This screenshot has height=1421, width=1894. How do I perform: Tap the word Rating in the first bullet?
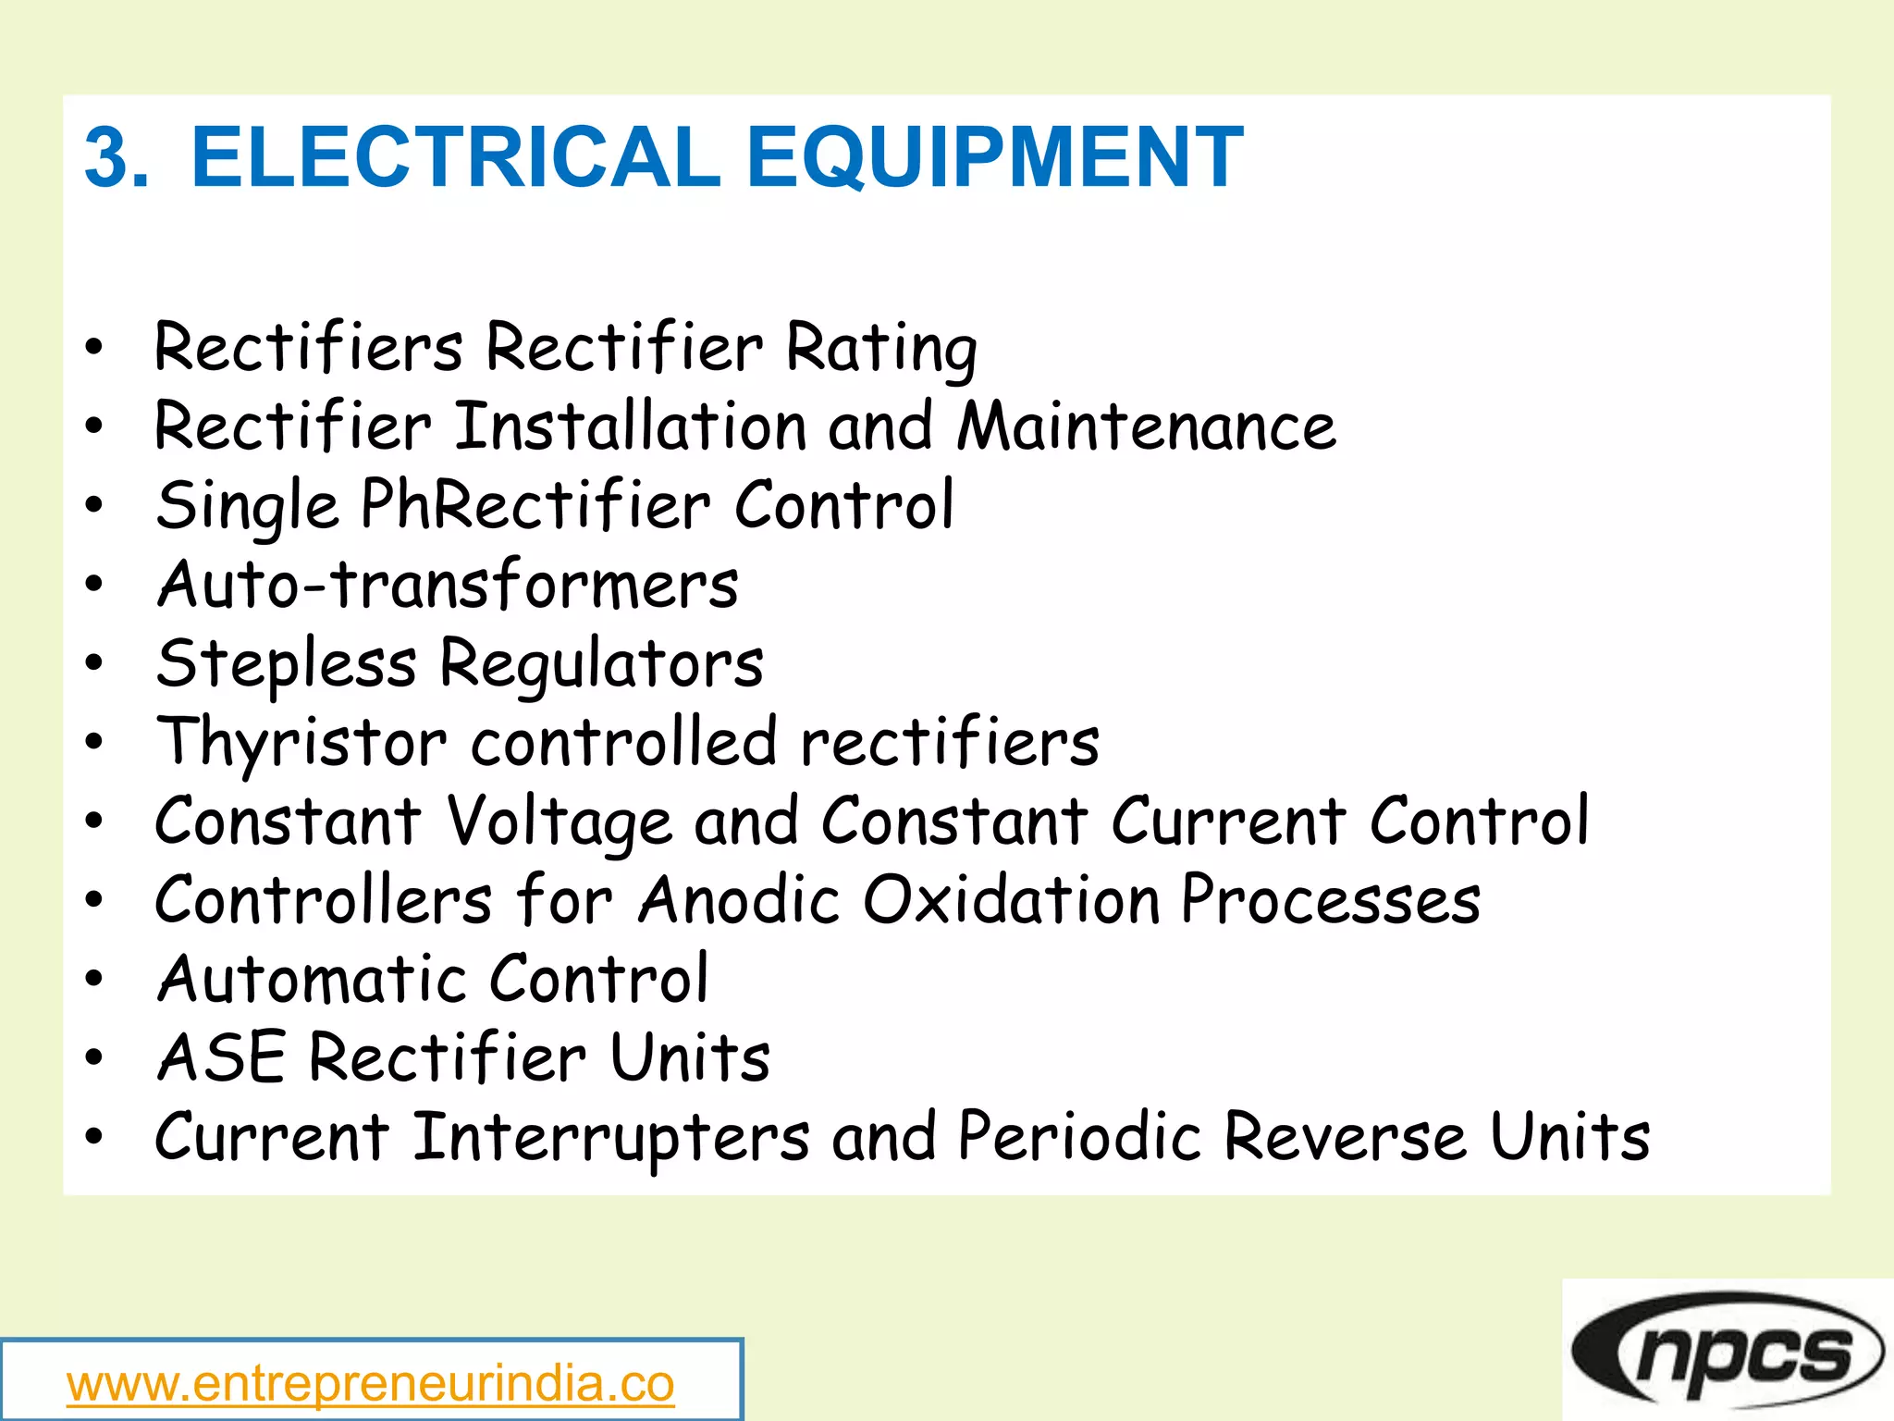[x=880, y=349]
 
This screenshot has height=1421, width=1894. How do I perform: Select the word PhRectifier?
[x=535, y=506]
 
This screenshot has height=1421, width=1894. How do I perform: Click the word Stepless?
[x=287, y=664]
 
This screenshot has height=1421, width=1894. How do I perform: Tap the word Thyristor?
[x=302, y=743]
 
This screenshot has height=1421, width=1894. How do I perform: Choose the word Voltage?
[x=560, y=822]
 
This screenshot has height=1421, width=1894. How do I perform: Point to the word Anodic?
[x=739, y=900]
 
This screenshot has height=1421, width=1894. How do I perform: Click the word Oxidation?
[x=1011, y=900]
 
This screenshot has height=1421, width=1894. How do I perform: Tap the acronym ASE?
[x=221, y=1057]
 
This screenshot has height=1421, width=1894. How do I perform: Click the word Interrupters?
[x=611, y=1137]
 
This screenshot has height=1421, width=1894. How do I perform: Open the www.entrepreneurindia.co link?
[x=370, y=1385]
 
